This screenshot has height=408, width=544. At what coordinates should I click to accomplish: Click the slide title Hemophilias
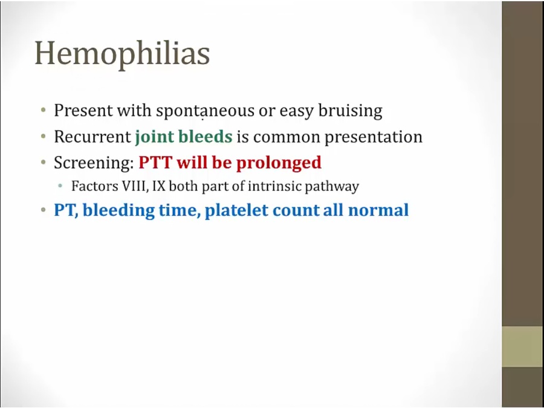point(122,54)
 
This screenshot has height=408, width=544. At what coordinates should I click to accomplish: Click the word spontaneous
point(205,111)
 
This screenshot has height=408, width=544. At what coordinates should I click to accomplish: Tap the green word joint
point(154,137)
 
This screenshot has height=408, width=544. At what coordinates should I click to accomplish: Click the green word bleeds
point(205,137)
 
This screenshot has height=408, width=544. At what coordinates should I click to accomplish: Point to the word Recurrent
point(92,137)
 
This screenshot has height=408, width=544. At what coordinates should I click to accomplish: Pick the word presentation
point(374,137)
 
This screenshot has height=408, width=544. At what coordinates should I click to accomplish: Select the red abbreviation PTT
point(155,163)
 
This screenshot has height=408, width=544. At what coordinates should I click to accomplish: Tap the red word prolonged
point(279,163)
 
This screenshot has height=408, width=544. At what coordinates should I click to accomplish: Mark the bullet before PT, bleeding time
point(43,210)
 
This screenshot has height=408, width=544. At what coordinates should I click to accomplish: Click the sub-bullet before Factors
point(60,186)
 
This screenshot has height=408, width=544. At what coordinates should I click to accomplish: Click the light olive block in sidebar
point(523,346)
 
